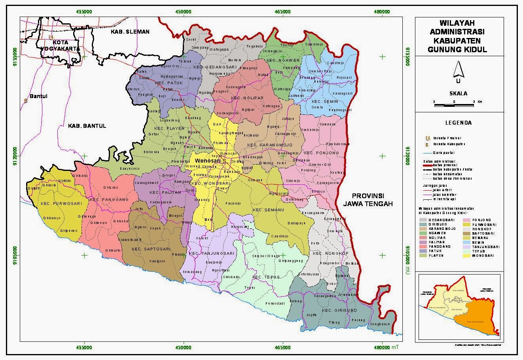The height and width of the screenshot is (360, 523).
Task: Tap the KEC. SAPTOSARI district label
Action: tap(151, 249)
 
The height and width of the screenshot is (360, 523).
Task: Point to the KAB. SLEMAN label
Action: tap(130, 32)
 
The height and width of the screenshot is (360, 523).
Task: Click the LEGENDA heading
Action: tap(458, 123)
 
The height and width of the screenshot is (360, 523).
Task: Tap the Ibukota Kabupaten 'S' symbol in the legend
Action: tap(426, 144)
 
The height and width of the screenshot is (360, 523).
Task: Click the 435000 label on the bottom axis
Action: tap(84, 347)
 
